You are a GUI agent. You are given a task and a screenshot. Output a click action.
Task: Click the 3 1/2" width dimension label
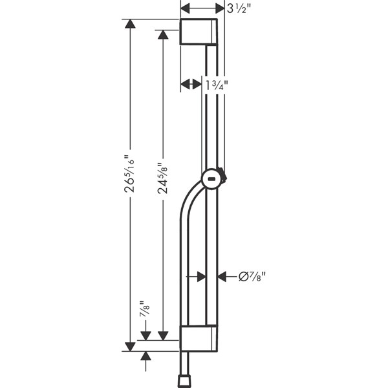pyautogui.click(x=239, y=10)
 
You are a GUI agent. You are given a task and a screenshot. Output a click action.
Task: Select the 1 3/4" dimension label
pyautogui.click(x=217, y=85)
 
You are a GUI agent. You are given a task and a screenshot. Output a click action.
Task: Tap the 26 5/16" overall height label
pyautogui.click(x=129, y=174)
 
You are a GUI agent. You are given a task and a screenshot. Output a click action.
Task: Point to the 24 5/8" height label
pyautogui.click(x=162, y=178)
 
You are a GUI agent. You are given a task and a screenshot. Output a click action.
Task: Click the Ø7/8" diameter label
pyautogui.click(x=252, y=276)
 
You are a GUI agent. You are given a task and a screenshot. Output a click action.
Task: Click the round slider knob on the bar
pyautogui.click(x=211, y=178)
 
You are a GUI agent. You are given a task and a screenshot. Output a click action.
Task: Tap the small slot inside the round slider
pyautogui.click(x=211, y=178)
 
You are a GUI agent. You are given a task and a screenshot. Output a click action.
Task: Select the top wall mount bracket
pyautogui.click(x=199, y=32)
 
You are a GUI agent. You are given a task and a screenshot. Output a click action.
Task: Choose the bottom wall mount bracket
pyautogui.click(x=199, y=338)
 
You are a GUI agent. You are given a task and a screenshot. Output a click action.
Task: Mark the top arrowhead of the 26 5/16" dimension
pyautogui.click(x=130, y=24)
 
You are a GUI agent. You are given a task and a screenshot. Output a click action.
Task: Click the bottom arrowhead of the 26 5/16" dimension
pyautogui.click(x=130, y=347)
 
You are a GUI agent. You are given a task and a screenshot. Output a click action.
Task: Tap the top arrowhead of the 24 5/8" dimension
pyautogui.click(x=163, y=35)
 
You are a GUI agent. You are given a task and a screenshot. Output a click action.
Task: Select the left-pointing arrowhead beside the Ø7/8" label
pyautogui.click(x=222, y=276)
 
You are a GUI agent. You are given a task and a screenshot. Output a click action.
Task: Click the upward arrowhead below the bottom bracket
pyautogui.click(x=145, y=356)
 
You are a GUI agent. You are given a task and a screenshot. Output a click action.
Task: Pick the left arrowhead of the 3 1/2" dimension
pyautogui.click(x=186, y=9)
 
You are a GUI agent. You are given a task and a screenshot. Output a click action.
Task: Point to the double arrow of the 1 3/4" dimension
pyautogui.click(x=191, y=84)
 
